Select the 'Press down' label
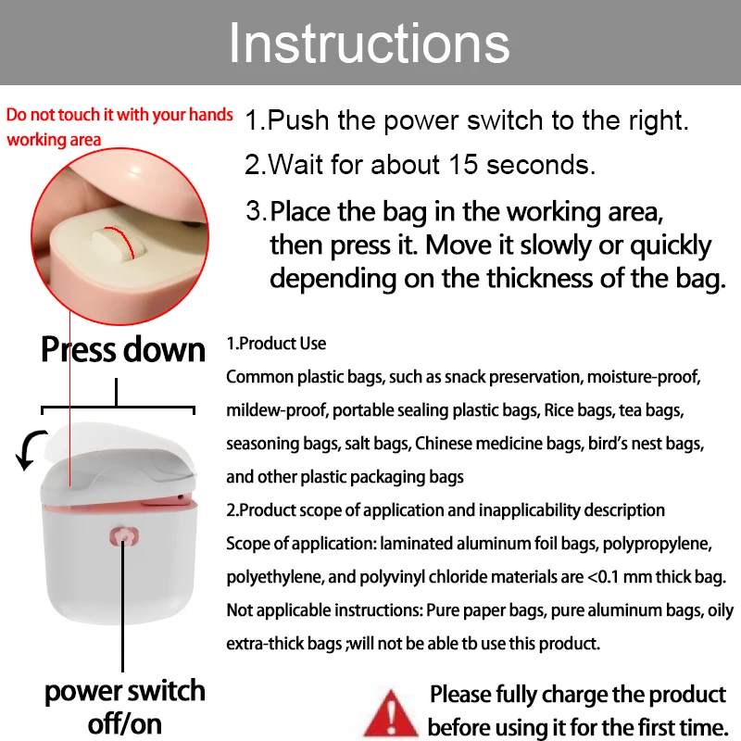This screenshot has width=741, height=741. point(122,349)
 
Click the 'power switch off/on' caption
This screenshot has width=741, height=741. point(124,706)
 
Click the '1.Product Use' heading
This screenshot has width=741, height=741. point(276,344)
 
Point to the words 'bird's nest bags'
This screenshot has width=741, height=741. point(646,444)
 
